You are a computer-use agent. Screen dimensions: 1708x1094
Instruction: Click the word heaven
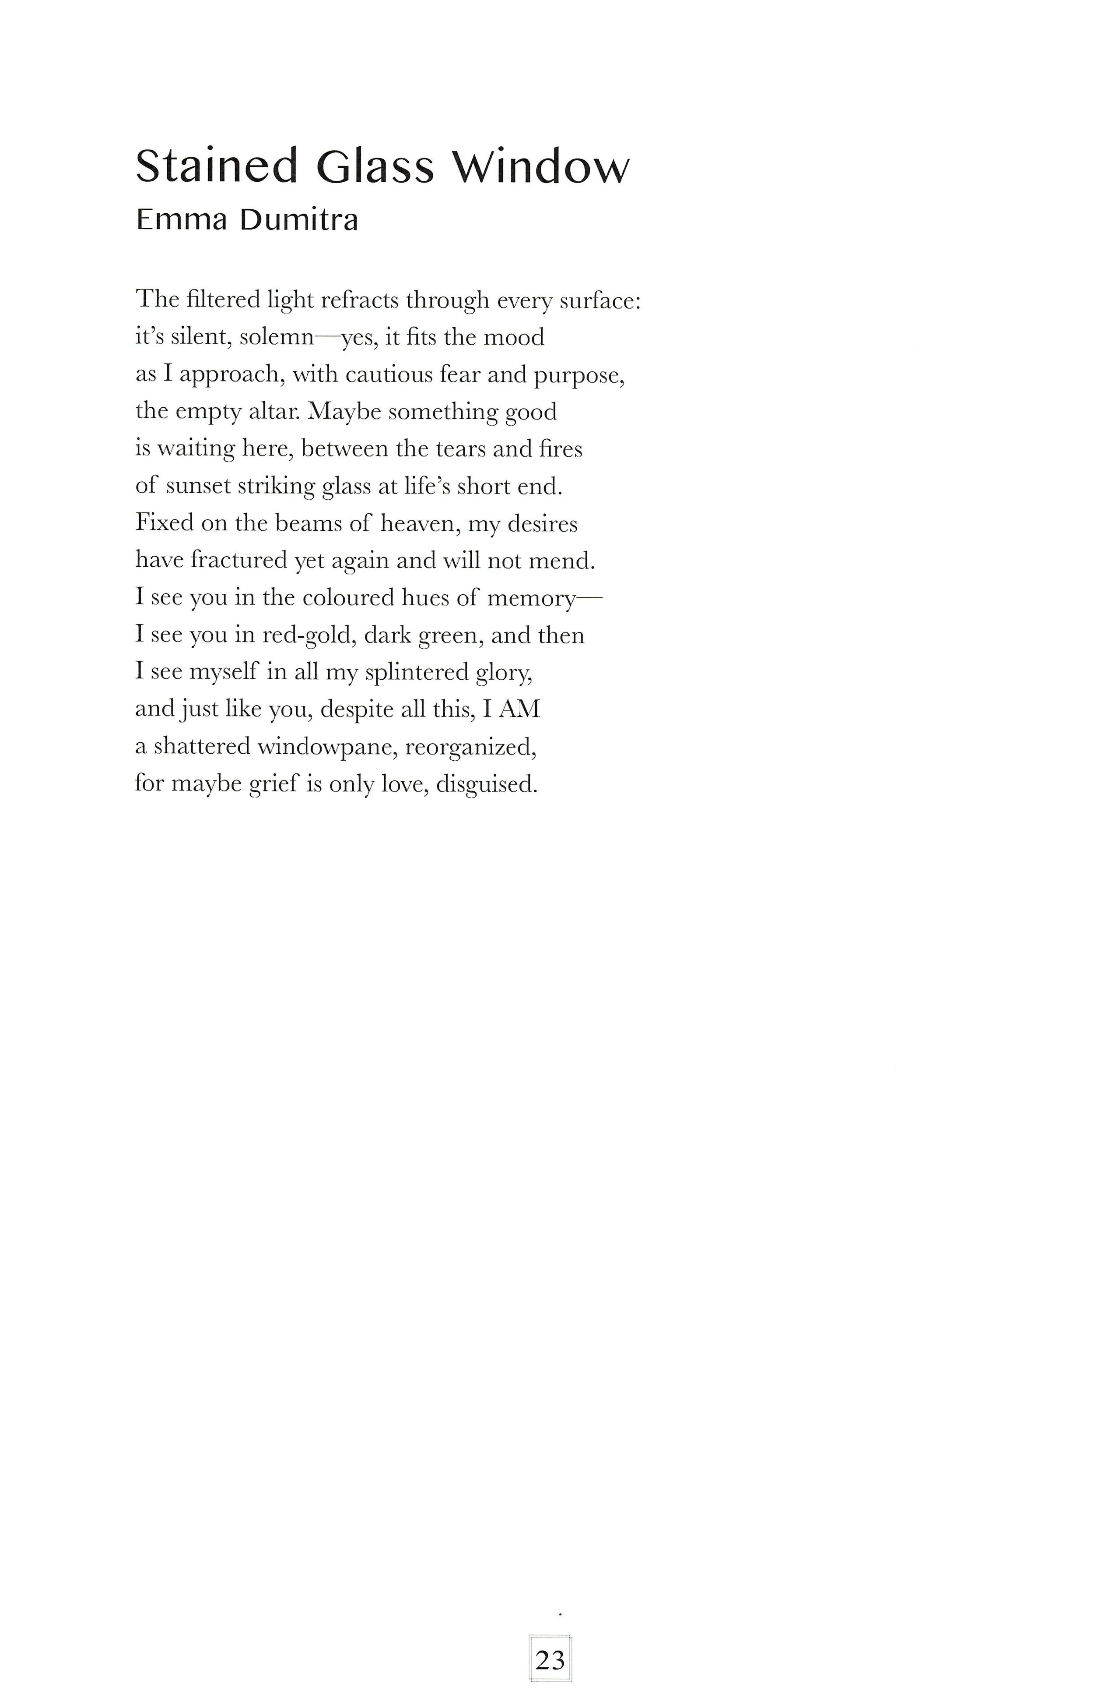(422, 524)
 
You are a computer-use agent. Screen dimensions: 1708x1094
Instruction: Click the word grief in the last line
(273, 784)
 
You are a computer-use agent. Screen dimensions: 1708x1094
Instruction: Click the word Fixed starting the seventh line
(164, 523)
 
